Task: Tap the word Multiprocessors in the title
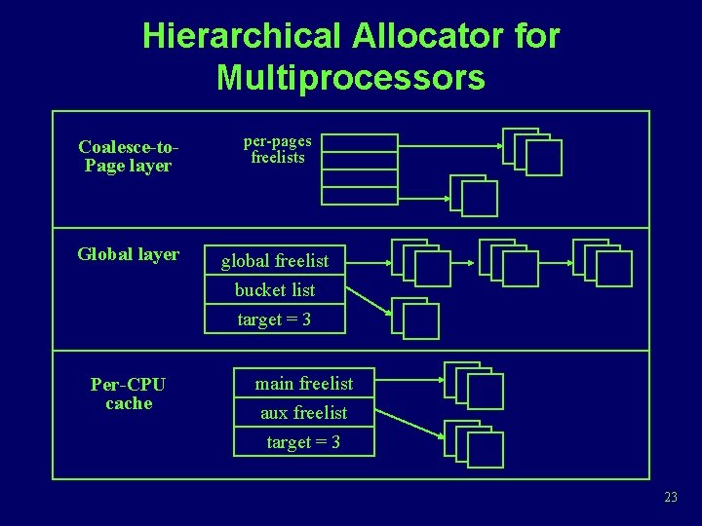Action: point(351,76)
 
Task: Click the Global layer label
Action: point(129,254)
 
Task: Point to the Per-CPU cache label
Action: point(129,394)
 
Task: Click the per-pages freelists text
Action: point(278,149)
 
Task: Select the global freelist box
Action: point(275,261)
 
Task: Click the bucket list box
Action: point(275,290)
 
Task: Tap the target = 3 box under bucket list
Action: point(275,319)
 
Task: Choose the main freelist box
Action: point(303,384)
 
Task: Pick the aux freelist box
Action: point(303,413)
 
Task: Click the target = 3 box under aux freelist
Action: point(303,442)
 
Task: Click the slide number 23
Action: point(670,498)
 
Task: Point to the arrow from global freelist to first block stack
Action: point(368,261)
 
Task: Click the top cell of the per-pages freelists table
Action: point(360,143)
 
